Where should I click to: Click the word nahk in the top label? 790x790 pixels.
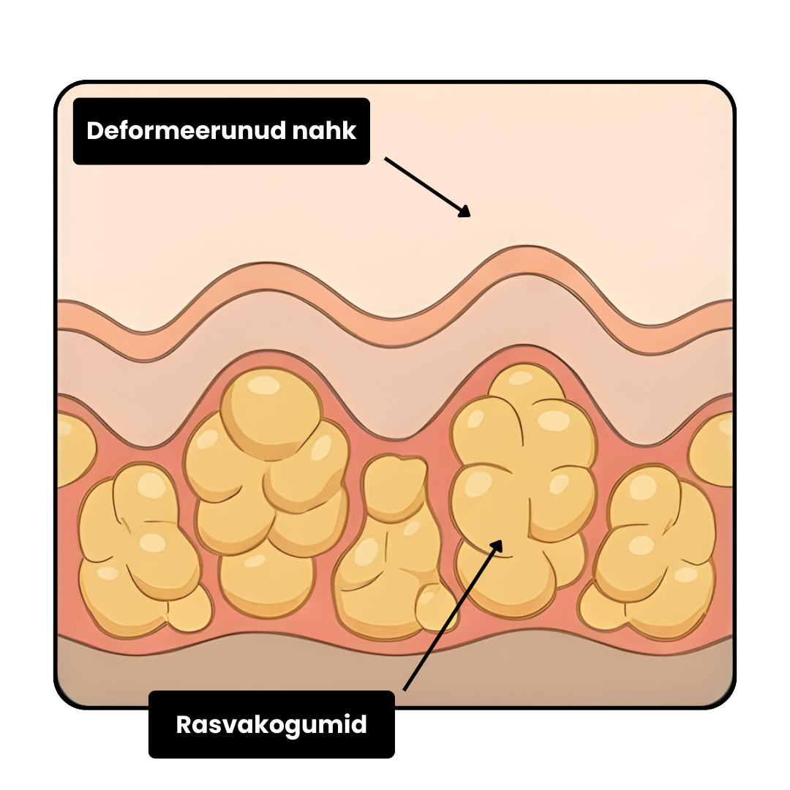point(324,130)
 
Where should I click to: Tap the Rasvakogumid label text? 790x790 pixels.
point(271,725)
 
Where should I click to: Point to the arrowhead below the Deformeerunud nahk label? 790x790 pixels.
point(464,211)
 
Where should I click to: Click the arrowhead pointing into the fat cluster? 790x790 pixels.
point(495,546)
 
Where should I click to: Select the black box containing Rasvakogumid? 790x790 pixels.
point(271,724)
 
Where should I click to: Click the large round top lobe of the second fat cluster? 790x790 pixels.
point(271,413)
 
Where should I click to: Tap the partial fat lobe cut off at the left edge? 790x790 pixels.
point(75,448)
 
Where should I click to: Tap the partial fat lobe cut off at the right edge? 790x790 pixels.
point(712,448)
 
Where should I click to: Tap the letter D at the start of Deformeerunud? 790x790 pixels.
point(95,130)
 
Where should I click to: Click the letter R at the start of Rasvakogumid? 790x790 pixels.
point(184,725)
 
